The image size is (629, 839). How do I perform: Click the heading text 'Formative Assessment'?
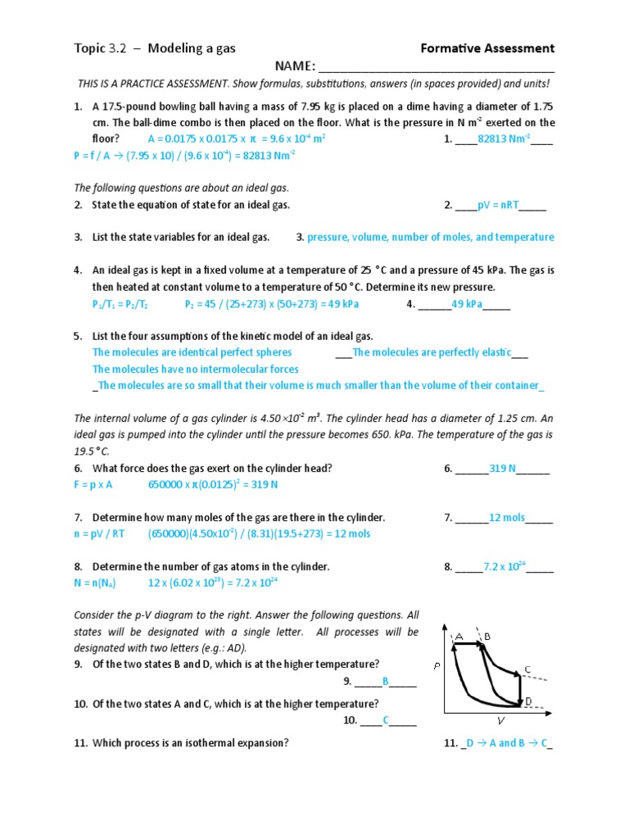tap(487, 48)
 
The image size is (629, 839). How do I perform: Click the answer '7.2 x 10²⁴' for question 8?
tap(504, 566)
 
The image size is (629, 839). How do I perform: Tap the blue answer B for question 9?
tap(386, 681)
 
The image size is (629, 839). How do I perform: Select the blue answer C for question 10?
tap(386, 721)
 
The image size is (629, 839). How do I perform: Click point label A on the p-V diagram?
tap(459, 636)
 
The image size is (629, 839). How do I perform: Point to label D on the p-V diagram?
tap(528, 701)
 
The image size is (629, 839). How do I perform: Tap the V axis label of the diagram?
tap(500, 721)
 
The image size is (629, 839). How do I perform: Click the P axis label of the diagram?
tap(437, 666)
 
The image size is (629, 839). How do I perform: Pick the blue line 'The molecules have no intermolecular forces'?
tap(195, 369)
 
